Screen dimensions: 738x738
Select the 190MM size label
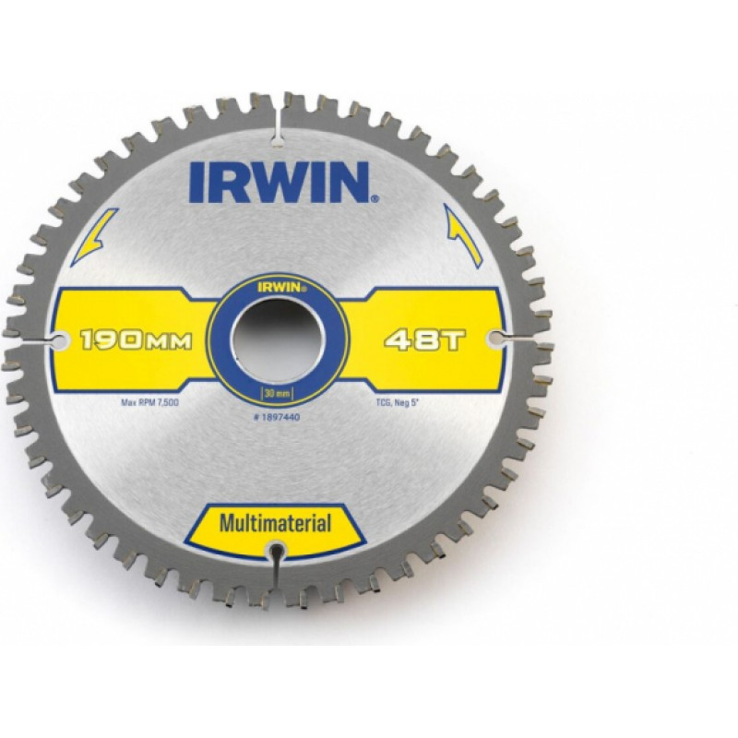point(137,340)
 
